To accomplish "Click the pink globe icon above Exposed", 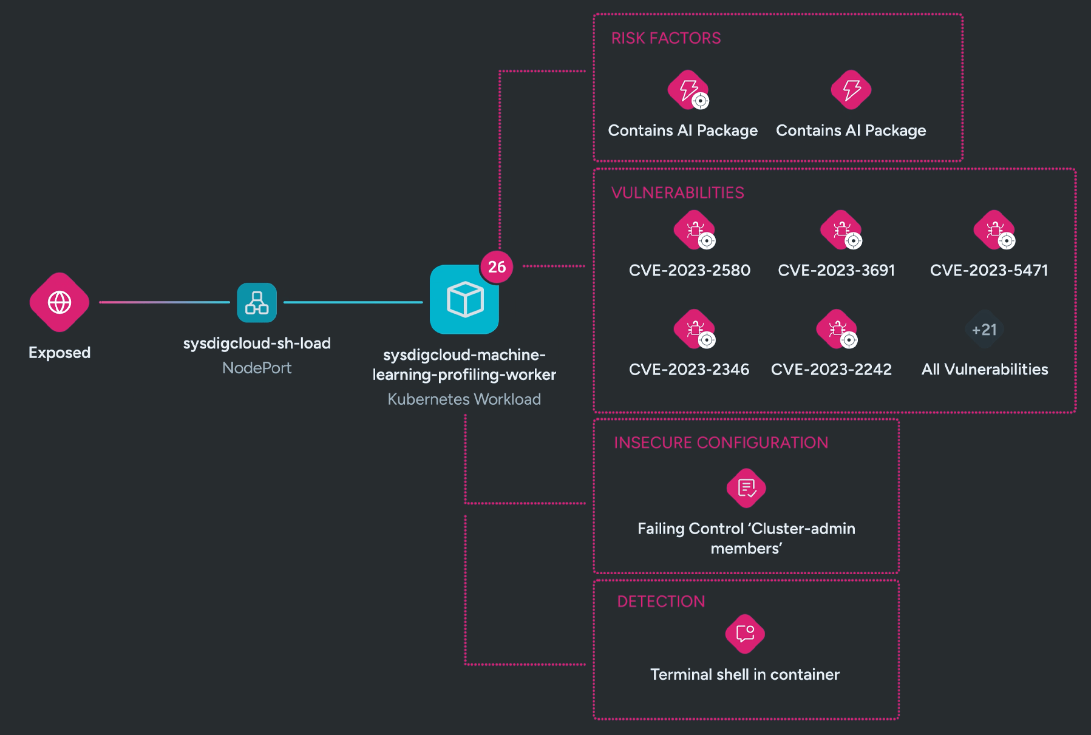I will (59, 302).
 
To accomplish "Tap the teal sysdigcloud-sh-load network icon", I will (257, 302).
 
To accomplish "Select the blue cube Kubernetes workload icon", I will (464, 300).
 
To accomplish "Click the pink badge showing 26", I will (497, 266).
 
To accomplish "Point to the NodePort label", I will (257, 368).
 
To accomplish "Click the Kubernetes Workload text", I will (464, 399).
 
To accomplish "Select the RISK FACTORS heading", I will (666, 38).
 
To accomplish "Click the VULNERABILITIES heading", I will (678, 193).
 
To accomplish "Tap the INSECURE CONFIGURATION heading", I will (721, 442).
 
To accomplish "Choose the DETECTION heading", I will (661, 601).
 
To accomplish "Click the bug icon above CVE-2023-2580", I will (694, 230).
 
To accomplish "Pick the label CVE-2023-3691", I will (836, 271).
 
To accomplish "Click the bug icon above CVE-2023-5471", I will (994, 230).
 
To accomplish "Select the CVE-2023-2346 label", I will (689, 370).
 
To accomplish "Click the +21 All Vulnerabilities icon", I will (984, 330).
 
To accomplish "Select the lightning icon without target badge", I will (851, 90).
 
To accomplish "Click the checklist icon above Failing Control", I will (746, 488).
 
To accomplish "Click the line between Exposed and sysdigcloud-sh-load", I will (164, 302).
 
